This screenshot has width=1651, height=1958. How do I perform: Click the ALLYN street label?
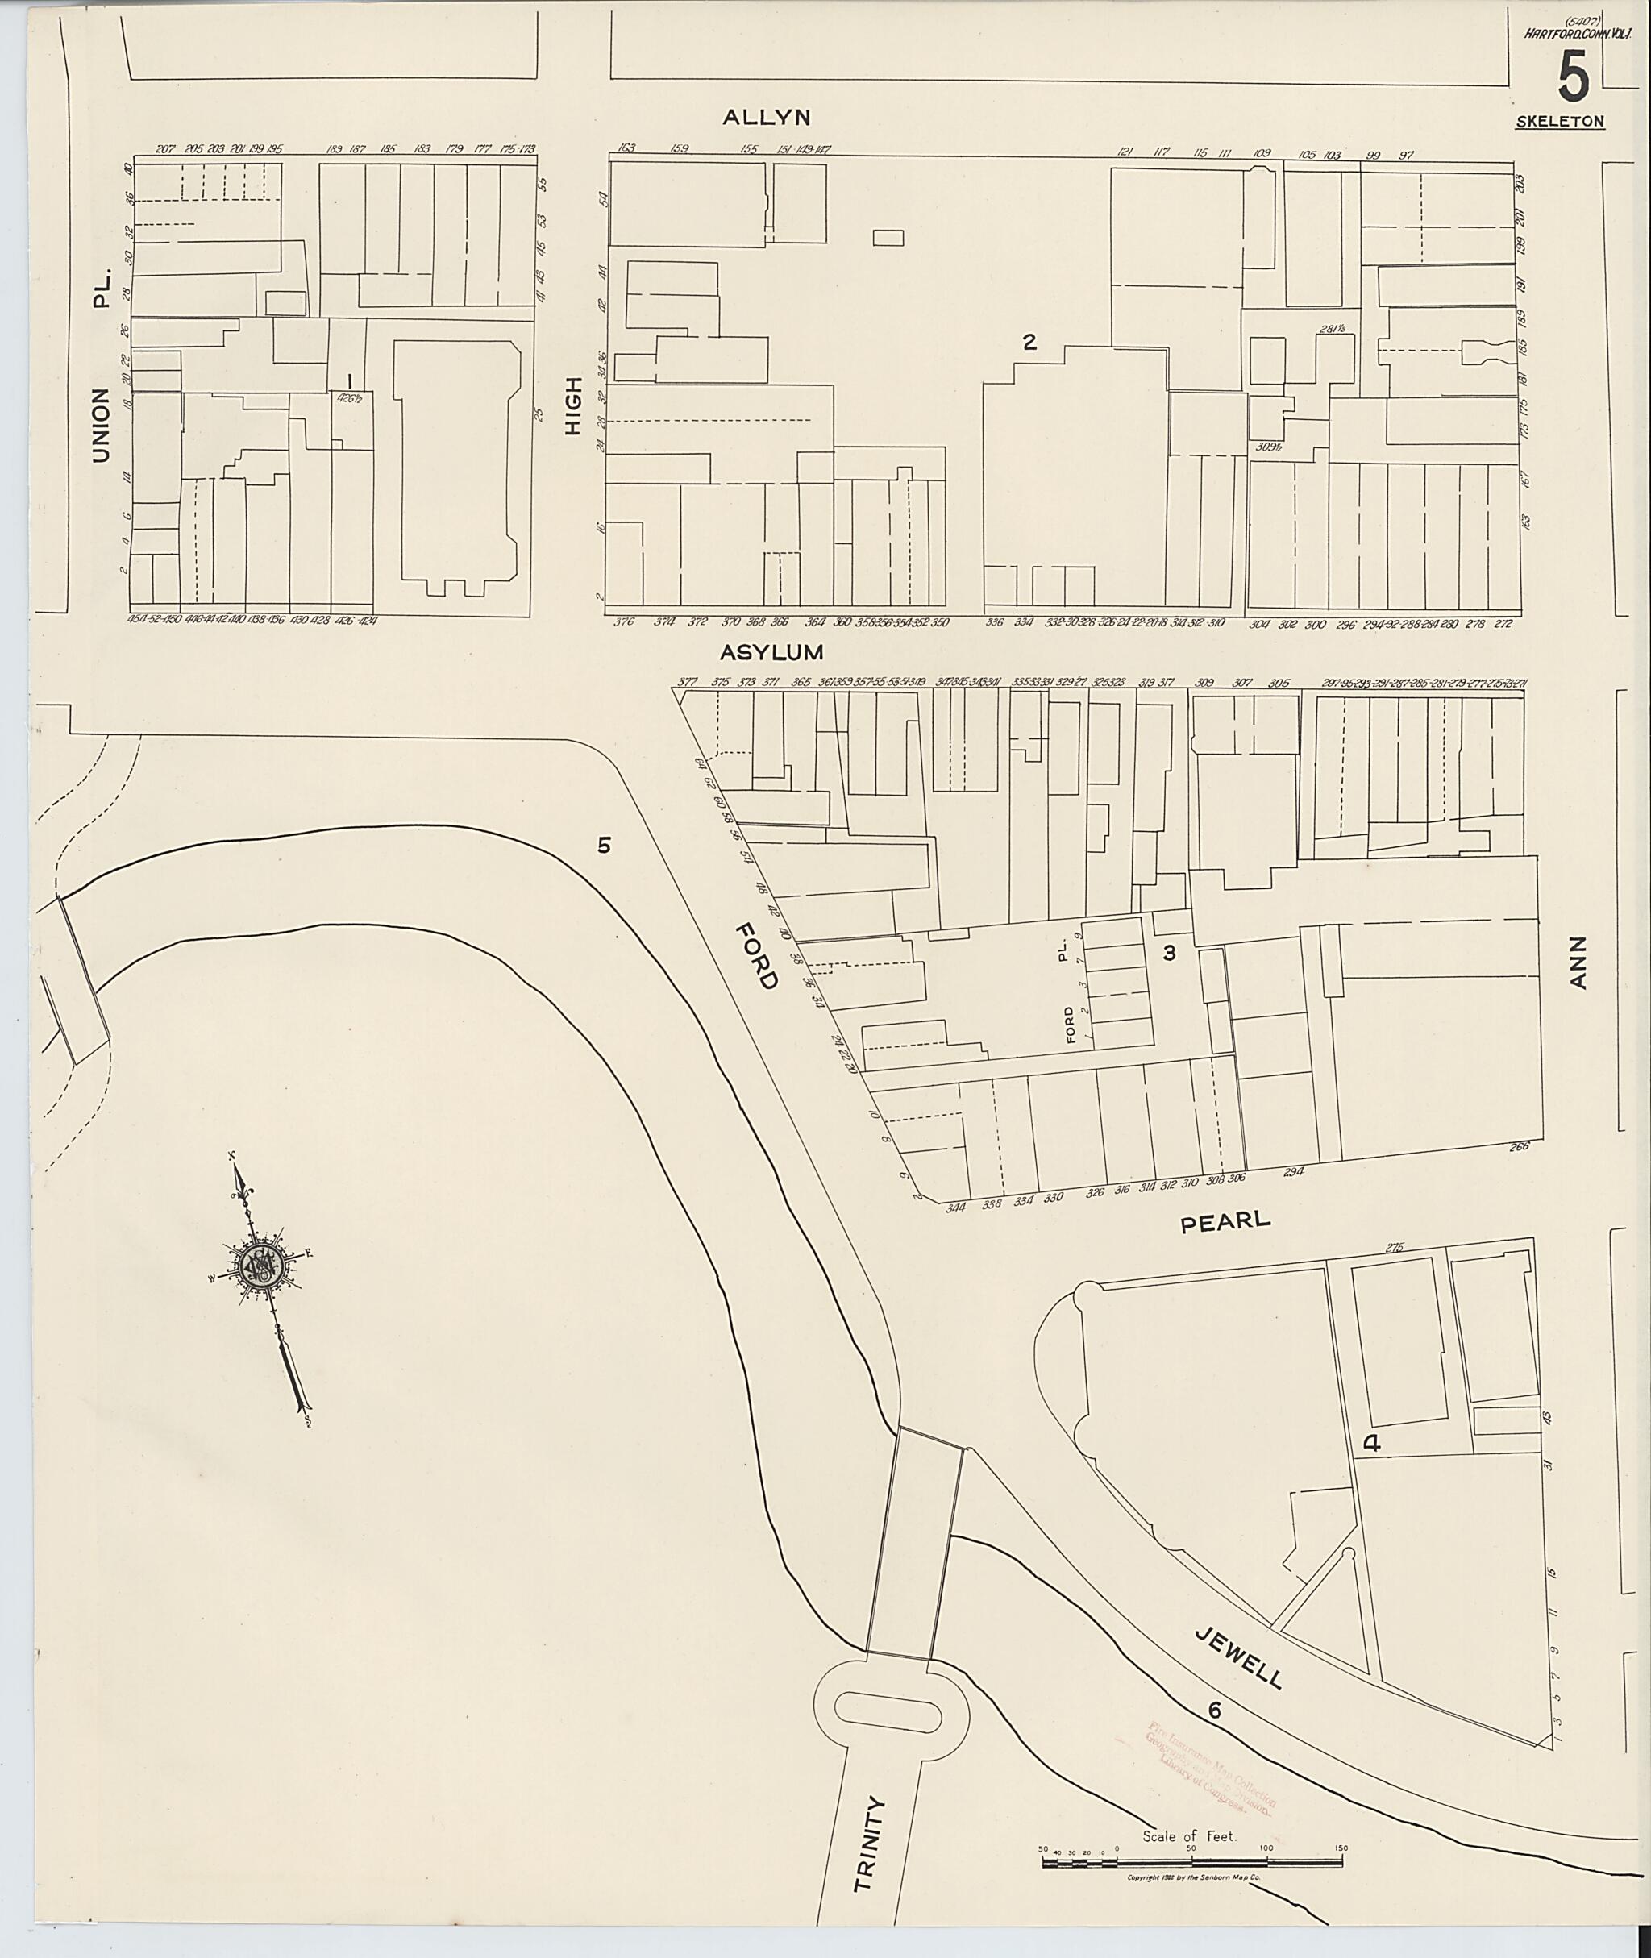tap(766, 117)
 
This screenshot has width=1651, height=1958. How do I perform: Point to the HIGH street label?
tap(573, 405)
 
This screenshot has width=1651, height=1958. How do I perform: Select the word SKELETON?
tap(1559, 122)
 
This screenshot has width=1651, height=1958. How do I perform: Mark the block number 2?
tap(1029, 343)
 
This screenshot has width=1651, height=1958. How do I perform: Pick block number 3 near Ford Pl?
tap(1168, 953)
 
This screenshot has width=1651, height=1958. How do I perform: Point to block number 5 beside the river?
tap(604, 845)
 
